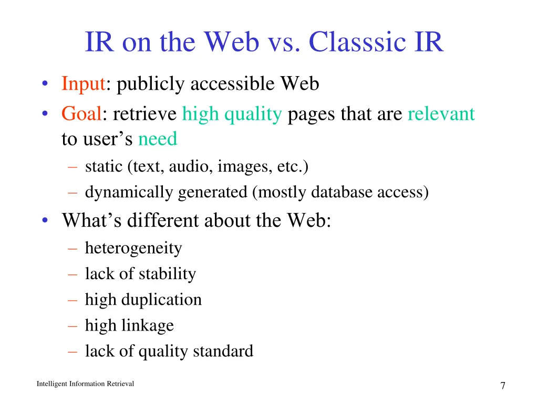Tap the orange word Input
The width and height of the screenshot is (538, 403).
click(x=83, y=84)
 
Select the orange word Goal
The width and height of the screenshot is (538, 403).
click(x=81, y=113)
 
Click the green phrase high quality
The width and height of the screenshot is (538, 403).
click(x=232, y=114)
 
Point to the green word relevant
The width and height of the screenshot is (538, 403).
click(x=441, y=113)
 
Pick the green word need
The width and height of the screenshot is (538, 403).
click(x=158, y=140)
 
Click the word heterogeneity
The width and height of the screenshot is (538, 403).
click(x=133, y=248)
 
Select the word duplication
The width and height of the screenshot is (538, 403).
click(x=161, y=300)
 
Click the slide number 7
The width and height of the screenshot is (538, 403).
click(x=503, y=386)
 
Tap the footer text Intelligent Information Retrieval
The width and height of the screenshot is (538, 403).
click(x=85, y=384)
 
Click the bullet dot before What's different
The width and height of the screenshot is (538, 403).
click(x=47, y=220)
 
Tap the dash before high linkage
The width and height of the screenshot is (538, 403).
click(x=73, y=325)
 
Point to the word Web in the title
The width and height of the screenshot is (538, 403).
click(x=231, y=43)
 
